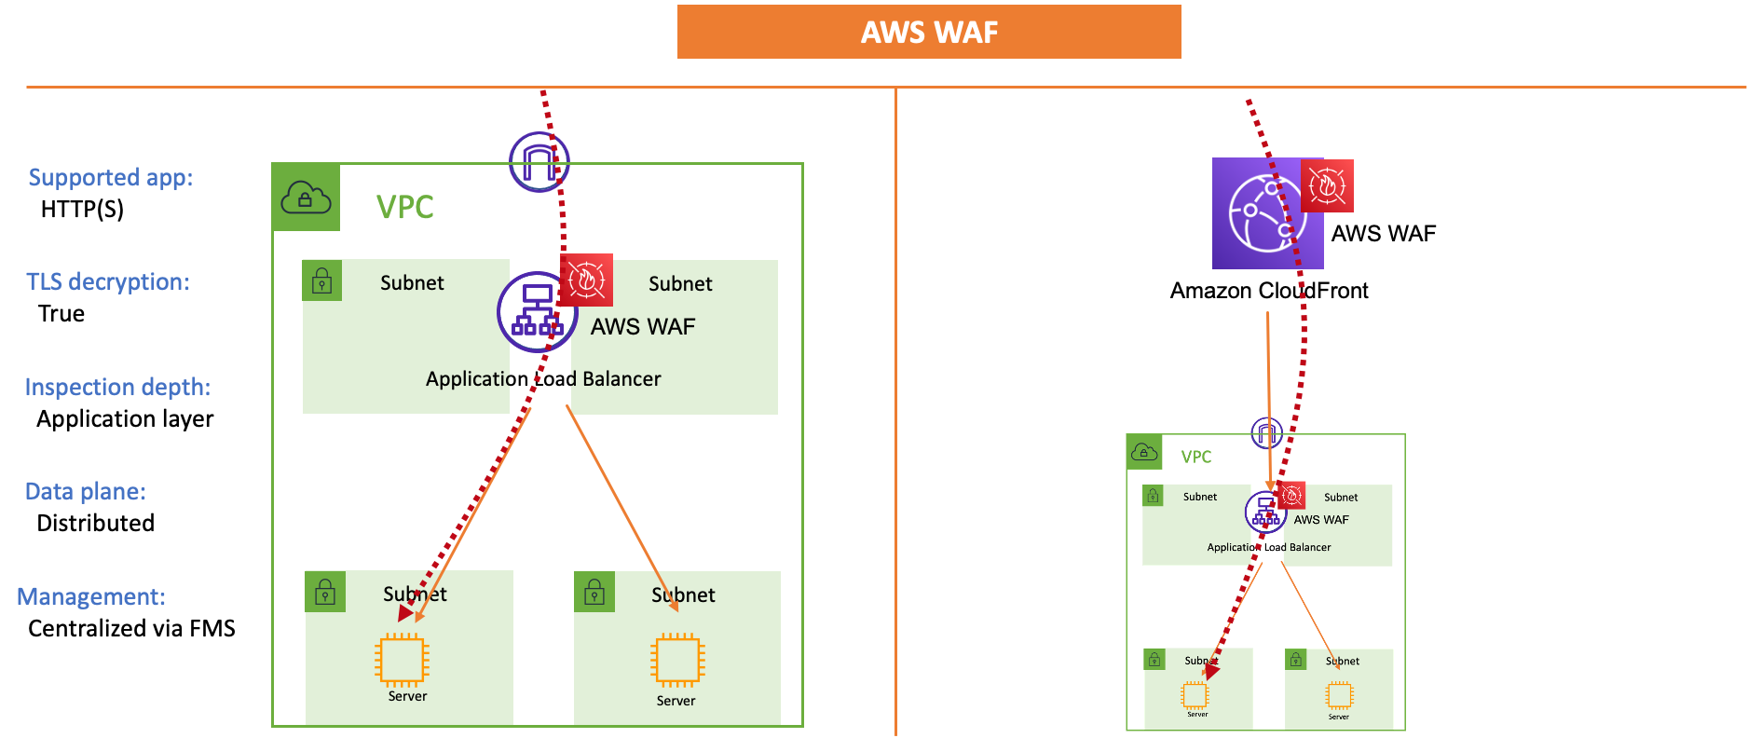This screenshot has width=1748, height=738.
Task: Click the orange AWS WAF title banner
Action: pos(929,32)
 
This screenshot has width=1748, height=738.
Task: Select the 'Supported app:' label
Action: pos(110,177)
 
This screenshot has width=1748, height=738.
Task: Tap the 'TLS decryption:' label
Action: pos(107,281)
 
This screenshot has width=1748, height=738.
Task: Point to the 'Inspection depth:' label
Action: pos(117,387)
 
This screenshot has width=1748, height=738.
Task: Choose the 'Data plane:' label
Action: pos(85,491)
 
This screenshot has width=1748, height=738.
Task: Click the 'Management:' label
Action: pos(91,596)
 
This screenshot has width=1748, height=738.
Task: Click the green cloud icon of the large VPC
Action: pos(306,198)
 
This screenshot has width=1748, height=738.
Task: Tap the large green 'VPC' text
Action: pos(404,207)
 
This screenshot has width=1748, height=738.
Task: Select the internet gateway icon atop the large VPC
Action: pos(539,162)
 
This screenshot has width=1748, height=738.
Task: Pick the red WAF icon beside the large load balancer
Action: pos(586,280)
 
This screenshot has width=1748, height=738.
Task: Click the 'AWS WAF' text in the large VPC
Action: pos(643,326)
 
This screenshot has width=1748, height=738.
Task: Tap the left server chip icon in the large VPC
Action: pos(402,660)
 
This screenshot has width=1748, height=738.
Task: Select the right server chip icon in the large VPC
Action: pos(677,660)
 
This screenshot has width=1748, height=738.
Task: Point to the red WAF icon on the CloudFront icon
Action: pos(1327,186)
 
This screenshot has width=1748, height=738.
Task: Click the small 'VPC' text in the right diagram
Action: pos(1196,457)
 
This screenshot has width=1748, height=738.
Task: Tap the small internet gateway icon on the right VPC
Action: pos(1266,432)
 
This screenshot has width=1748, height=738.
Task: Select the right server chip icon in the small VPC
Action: pos(1339,695)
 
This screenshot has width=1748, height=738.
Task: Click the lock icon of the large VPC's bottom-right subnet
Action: pos(594,592)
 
